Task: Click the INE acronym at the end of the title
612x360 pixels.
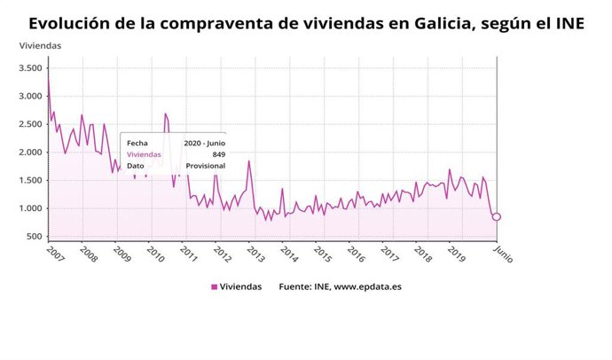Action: (565, 23)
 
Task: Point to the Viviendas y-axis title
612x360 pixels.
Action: (41, 44)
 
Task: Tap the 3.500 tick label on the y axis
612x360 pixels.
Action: (30, 68)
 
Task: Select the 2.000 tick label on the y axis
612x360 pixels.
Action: (30, 153)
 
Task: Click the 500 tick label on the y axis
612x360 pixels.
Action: (35, 237)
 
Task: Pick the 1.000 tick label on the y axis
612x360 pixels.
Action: (30, 208)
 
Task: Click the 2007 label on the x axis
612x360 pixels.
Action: (55, 255)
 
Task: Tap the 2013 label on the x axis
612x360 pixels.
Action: (255, 255)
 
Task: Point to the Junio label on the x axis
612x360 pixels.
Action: (503, 254)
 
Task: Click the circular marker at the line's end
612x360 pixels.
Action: (497, 217)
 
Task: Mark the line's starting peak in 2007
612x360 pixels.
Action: (48, 80)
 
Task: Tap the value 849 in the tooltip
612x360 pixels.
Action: (217, 153)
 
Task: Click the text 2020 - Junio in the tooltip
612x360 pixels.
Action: (205, 142)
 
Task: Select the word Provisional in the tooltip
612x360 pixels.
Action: (205, 165)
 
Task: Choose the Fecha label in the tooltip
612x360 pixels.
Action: (137, 142)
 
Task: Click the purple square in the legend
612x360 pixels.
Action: (214, 286)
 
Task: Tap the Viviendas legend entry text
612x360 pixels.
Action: (241, 286)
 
